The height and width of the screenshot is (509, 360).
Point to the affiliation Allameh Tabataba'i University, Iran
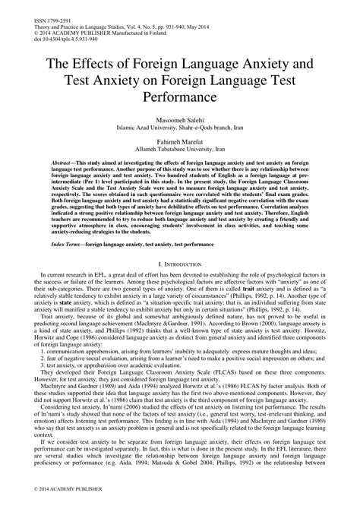(x=180, y=153)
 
